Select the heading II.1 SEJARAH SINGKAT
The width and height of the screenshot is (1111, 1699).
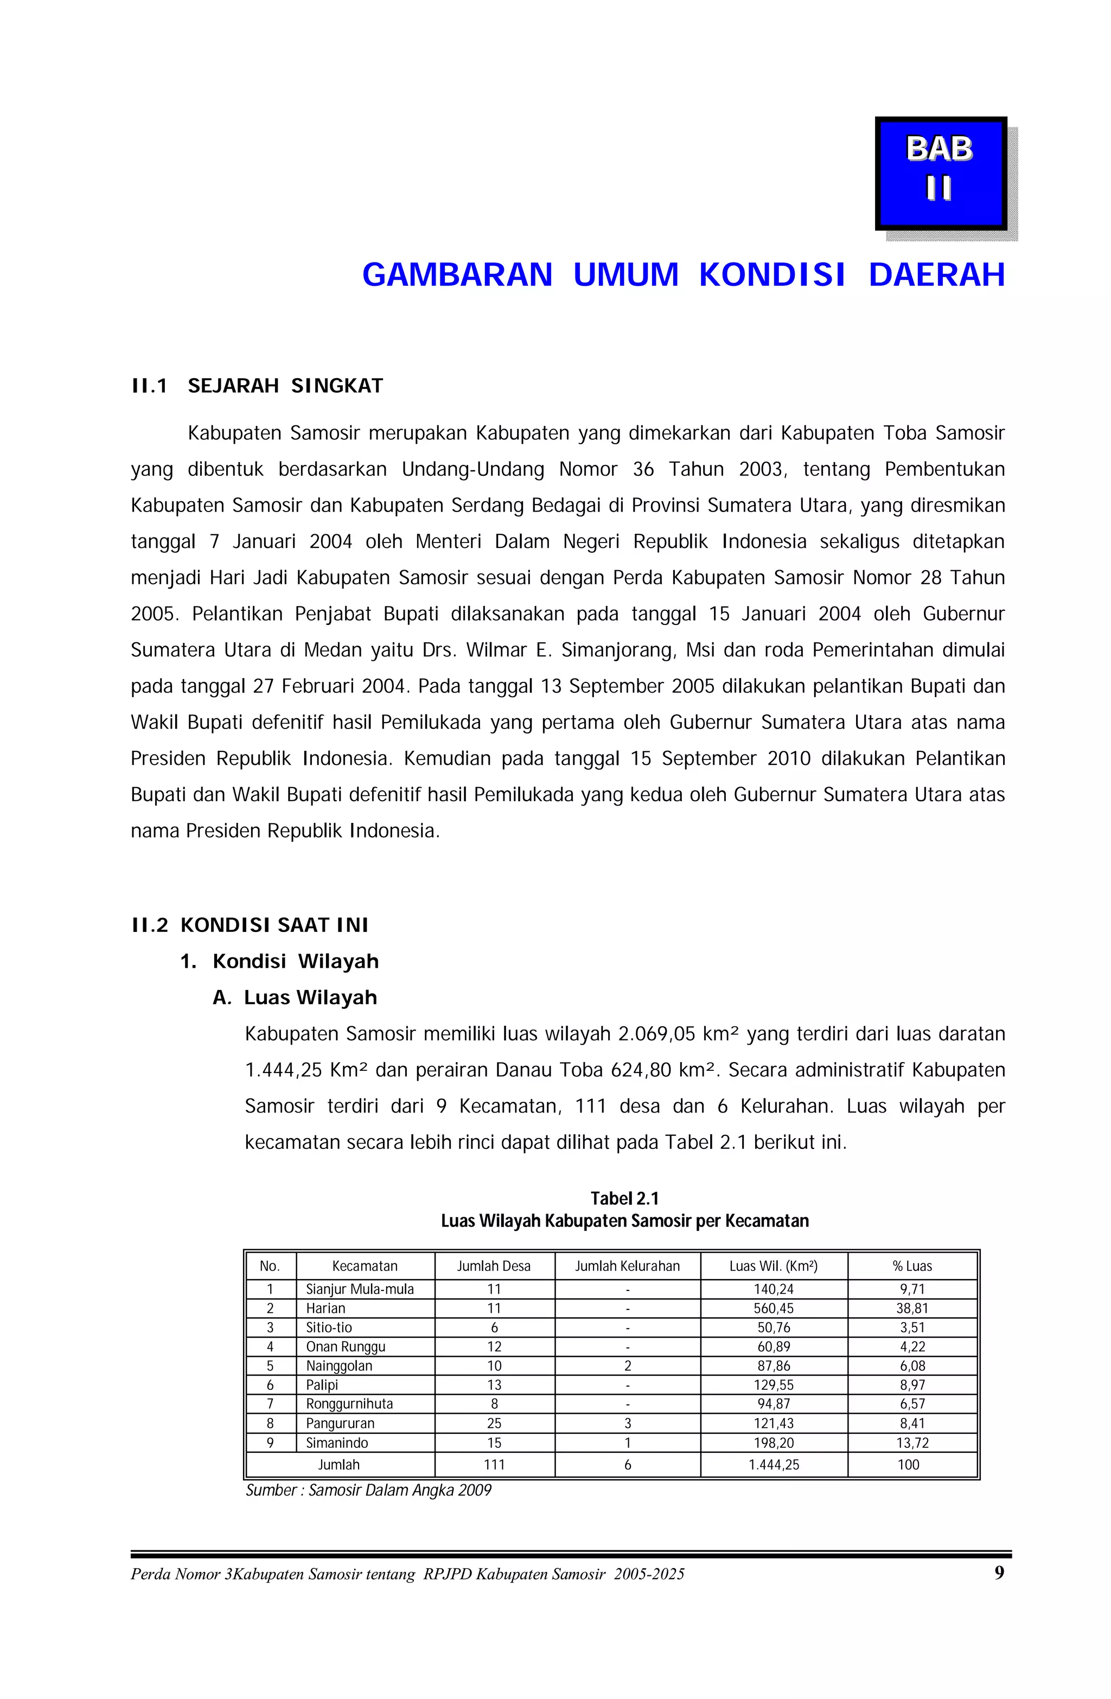pos(257,386)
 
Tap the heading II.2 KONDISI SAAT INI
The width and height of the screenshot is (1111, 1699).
pos(250,925)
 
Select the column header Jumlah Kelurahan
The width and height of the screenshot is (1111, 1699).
pos(627,1266)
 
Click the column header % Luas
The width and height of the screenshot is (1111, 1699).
pos(912,1266)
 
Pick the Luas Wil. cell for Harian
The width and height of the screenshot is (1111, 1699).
pos(773,1308)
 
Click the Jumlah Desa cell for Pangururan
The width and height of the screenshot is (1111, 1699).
pos(494,1423)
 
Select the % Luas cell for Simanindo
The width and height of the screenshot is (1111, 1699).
pos(912,1442)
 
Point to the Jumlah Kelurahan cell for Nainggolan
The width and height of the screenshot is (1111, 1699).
pos(627,1365)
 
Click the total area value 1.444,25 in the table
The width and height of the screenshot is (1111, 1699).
pos(773,1464)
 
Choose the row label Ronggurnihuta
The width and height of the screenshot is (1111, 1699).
pos(349,1403)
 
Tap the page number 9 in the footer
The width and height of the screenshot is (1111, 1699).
pos(999,1573)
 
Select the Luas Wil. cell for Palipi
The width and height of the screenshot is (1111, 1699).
pos(773,1384)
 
